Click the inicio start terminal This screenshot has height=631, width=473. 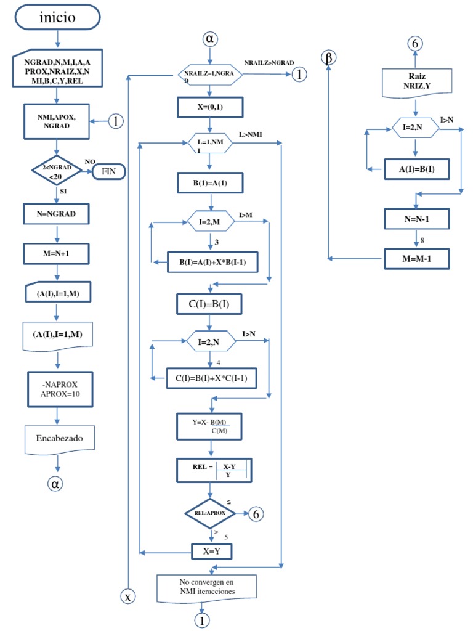click(57, 17)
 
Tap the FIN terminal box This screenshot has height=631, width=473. click(109, 171)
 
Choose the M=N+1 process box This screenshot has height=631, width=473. click(57, 253)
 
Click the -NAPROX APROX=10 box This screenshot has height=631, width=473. click(59, 389)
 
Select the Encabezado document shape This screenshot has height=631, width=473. click(59, 439)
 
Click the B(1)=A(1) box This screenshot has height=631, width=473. click(211, 183)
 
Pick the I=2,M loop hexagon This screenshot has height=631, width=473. click(211, 222)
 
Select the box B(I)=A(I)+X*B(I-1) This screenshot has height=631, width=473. click(213, 263)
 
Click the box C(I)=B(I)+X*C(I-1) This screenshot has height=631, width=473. click(212, 377)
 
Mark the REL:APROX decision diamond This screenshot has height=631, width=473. click(211, 513)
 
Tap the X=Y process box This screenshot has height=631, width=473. click(211, 551)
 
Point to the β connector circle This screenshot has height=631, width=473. click(329, 57)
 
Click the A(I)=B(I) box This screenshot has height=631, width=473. click(417, 168)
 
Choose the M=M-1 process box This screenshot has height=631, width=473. click(417, 258)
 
